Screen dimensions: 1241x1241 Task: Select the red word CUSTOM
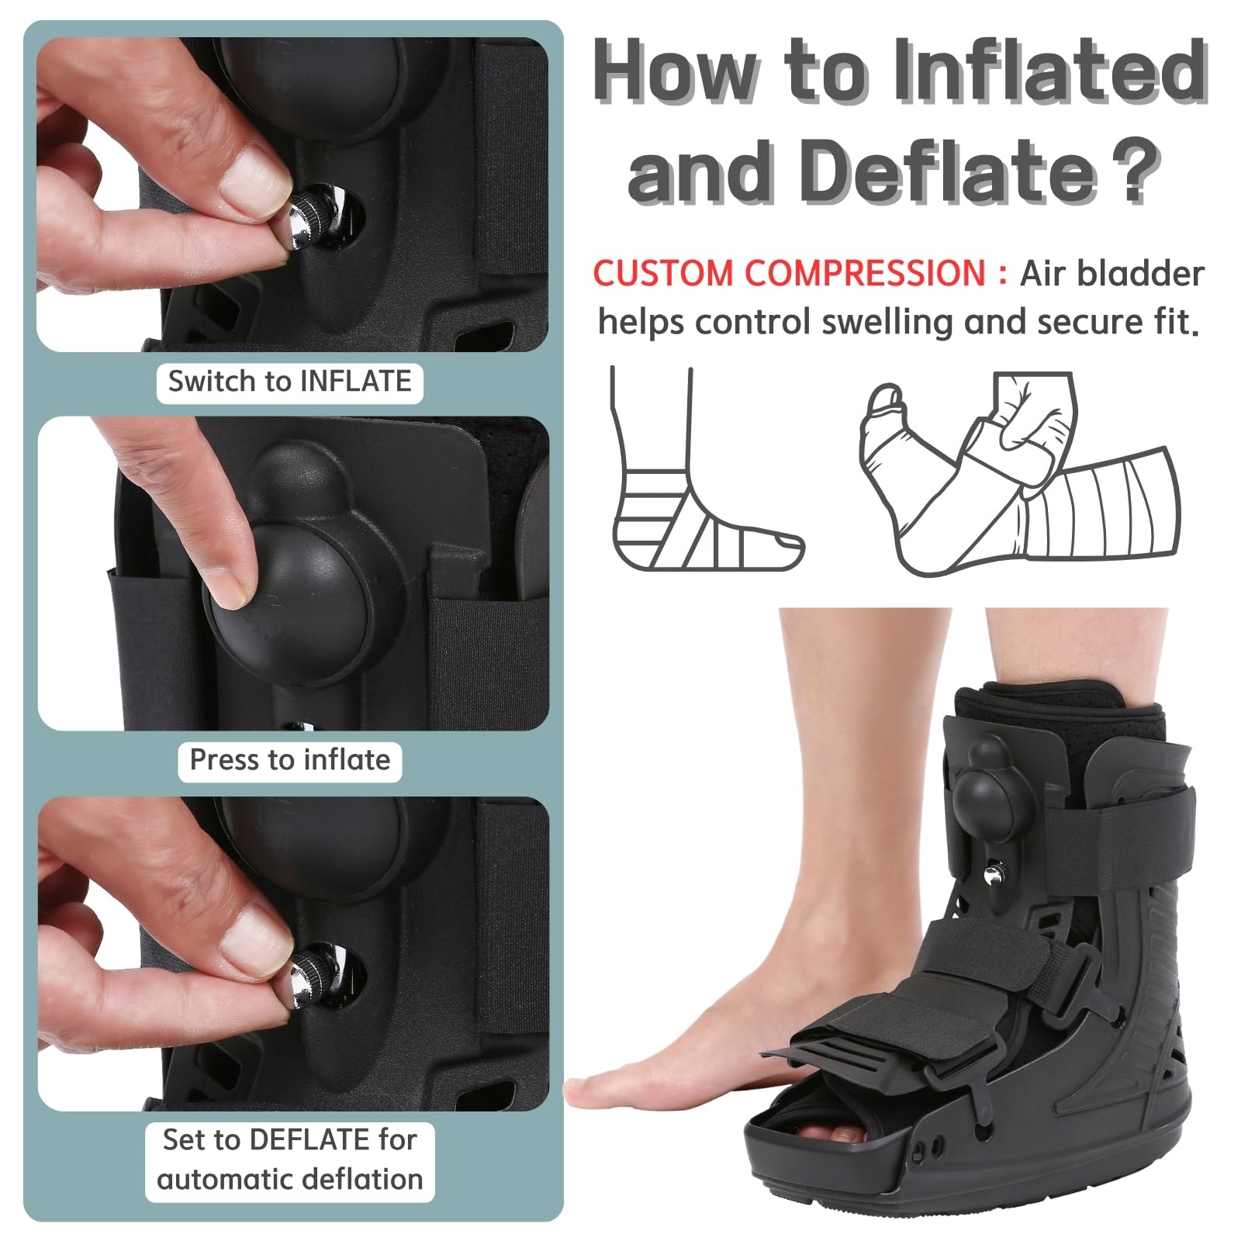coord(663,274)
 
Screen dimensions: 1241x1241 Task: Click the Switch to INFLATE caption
coord(289,382)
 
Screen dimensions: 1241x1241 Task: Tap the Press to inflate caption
coord(290,760)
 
